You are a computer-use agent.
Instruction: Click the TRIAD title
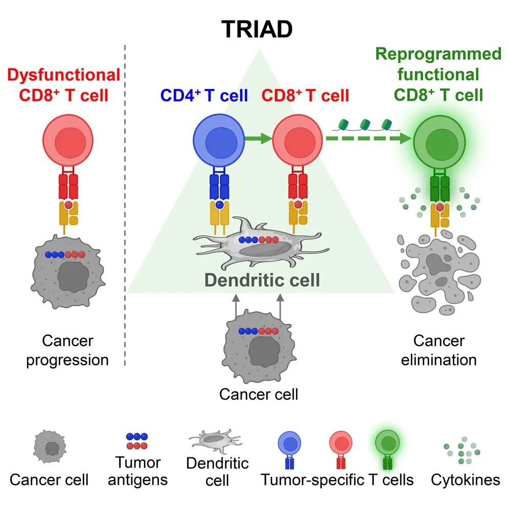pyautogui.click(x=257, y=29)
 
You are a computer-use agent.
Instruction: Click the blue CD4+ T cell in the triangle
pyautogui.click(x=219, y=140)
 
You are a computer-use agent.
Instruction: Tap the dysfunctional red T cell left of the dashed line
pyautogui.click(x=68, y=140)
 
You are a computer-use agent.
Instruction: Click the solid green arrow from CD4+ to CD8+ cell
pyautogui.click(x=259, y=138)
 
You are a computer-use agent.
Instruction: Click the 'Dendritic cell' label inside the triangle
pyautogui.click(x=262, y=280)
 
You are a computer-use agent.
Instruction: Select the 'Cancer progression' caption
pyautogui.click(x=67, y=351)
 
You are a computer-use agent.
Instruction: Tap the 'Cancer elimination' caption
pyautogui.click(x=439, y=351)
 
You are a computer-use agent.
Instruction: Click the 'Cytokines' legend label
pyautogui.click(x=466, y=480)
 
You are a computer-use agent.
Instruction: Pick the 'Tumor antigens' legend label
pyautogui.click(x=137, y=471)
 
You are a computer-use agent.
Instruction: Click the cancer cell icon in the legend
pyautogui.click(x=50, y=447)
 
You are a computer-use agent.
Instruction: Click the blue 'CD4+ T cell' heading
pyautogui.click(x=204, y=96)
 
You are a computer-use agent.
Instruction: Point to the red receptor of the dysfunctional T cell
pyautogui.click(x=68, y=187)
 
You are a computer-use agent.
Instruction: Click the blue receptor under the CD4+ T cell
pyautogui.click(x=219, y=187)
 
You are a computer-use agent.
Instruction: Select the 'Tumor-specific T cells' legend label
pyautogui.click(x=337, y=480)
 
